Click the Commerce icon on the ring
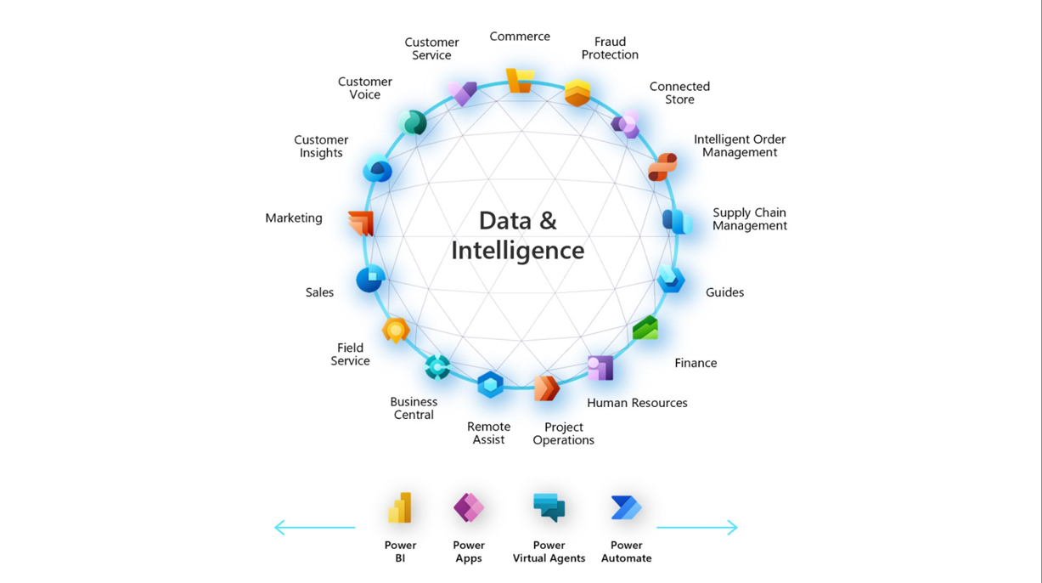tap(520, 81)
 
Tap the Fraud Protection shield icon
tap(577, 93)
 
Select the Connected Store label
tap(679, 93)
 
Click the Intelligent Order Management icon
tap(662, 167)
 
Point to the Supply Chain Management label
tap(749, 219)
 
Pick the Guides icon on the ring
tap(671, 279)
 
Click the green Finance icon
tap(645, 328)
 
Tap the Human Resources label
tap(637, 403)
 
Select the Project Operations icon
tap(546, 388)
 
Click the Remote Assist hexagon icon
tap(490, 385)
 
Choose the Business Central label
tap(414, 408)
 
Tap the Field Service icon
tap(395, 330)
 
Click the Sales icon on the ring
tap(370, 279)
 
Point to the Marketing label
tap(294, 218)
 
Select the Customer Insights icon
tap(377, 170)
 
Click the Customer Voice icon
tap(413, 123)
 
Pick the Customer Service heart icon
tap(463, 93)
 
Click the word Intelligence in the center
tap(517, 251)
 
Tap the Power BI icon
tap(400, 508)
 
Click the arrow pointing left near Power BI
tap(314, 528)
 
